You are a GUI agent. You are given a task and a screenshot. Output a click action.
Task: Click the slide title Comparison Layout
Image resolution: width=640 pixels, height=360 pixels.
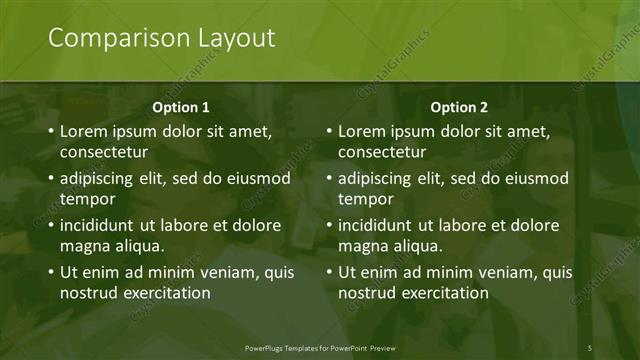click(162, 39)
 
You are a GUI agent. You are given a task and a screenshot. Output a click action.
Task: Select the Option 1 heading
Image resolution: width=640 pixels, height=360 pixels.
click(181, 107)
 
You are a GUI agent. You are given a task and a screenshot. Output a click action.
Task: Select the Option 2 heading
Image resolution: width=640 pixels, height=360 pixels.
click(460, 107)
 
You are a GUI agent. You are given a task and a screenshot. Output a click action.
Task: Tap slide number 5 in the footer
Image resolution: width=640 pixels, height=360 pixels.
click(590, 348)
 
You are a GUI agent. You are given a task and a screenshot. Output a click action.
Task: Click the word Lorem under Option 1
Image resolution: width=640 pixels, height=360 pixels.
click(84, 131)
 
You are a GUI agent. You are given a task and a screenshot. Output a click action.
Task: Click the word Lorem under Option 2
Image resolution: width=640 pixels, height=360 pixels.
click(362, 131)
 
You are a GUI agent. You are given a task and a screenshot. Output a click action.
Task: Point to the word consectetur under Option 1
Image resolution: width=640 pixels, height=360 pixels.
click(104, 153)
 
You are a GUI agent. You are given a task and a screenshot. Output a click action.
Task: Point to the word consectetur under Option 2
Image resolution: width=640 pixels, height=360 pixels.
click(382, 153)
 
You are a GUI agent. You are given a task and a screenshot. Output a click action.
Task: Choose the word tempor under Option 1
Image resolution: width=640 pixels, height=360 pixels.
click(85, 200)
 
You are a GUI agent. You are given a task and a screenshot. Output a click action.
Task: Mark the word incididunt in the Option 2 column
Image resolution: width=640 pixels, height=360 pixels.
click(381, 225)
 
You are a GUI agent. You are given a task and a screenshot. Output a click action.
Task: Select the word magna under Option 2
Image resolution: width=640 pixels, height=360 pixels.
click(362, 246)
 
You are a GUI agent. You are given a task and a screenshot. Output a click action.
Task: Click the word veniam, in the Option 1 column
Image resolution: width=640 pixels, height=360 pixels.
click(222, 272)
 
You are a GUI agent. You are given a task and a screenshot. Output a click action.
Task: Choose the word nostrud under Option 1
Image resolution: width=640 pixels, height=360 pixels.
click(88, 293)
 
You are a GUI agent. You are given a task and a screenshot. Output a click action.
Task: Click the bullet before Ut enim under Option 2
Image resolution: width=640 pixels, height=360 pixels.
click(329, 272)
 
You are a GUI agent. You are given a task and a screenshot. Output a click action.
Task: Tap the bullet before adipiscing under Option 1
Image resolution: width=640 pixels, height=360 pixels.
click(51, 179)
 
